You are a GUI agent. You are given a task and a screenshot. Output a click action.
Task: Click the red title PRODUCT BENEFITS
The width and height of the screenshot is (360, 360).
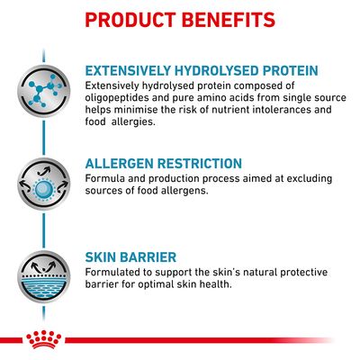[180, 19]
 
